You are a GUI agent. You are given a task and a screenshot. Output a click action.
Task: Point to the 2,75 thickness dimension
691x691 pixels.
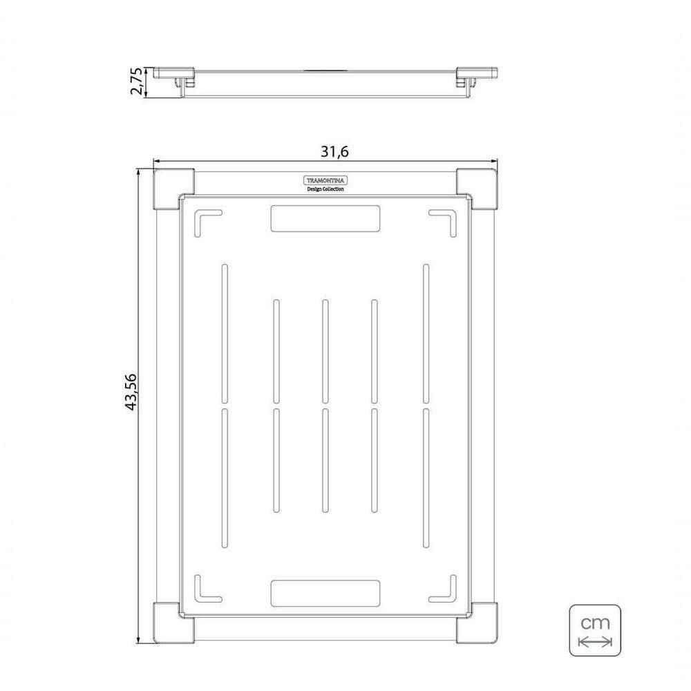tap(137, 81)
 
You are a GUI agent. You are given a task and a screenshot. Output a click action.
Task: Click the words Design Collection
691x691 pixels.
tap(325, 189)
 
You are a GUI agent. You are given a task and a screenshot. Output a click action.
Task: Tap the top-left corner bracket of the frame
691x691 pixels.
tap(173, 188)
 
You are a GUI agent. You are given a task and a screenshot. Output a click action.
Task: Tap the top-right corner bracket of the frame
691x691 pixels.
tap(477, 188)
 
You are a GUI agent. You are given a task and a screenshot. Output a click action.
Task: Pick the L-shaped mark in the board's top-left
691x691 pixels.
tap(205, 222)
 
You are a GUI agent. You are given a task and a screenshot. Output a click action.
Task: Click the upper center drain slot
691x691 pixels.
tap(323, 350)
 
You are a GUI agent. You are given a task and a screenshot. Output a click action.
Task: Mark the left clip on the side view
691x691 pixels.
tap(181, 82)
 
